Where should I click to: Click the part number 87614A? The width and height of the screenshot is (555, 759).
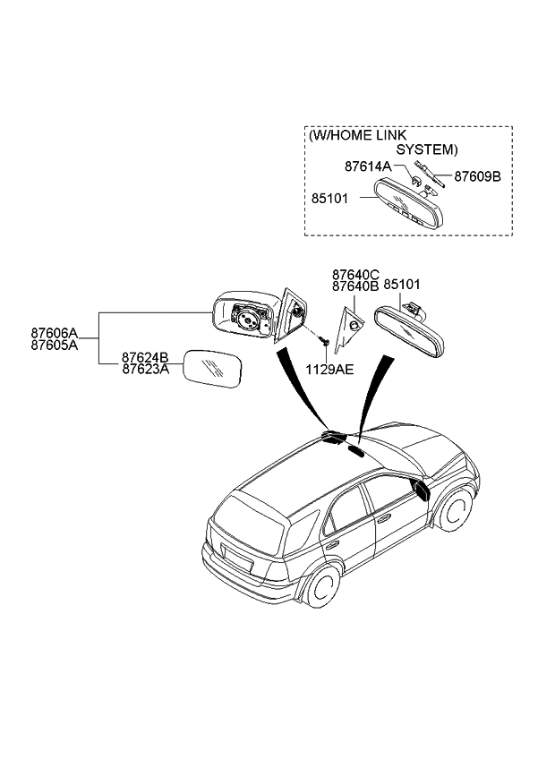point(368,166)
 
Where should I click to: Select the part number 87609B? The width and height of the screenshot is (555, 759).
point(477,176)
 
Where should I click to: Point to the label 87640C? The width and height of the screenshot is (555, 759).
point(355,274)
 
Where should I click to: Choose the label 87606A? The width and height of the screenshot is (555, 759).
point(54,331)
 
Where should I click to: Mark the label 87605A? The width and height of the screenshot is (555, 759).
point(54,343)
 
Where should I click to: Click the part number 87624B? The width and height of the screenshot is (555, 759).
point(146,357)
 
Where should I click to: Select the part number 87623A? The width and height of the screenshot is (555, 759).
point(146,368)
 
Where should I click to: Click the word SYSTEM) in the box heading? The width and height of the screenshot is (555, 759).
point(427,149)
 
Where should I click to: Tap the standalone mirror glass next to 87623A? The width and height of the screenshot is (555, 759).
point(212,371)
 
